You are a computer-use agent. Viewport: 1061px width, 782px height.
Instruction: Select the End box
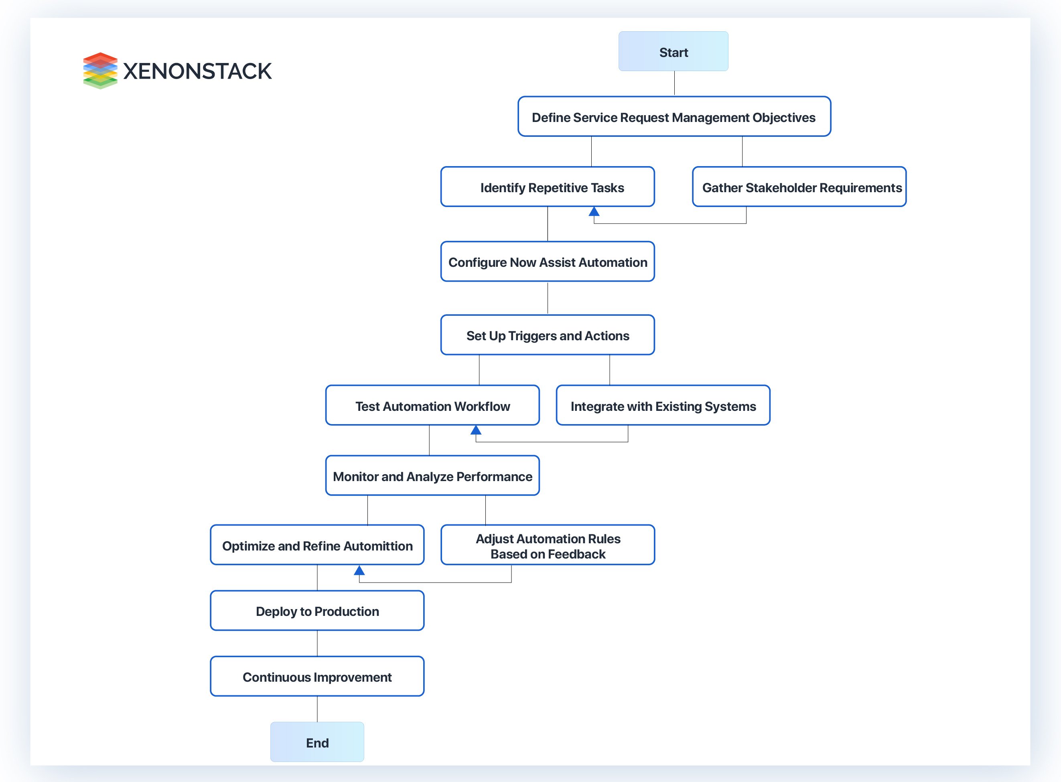tap(317, 742)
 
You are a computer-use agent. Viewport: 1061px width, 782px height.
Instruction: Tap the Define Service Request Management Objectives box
tap(674, 117)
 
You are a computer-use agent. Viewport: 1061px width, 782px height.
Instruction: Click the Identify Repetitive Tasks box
tap(548, 187)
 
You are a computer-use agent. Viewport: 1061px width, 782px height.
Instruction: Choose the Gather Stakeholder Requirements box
tap(799, 187)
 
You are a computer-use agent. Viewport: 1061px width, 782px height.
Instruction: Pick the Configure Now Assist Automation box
tap(548, 262)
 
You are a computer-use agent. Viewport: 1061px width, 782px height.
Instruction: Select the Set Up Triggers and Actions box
tap(548, 335)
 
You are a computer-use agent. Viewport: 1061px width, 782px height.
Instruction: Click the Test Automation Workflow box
tap(432, 406)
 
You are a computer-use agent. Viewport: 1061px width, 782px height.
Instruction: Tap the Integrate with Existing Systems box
tap(663, 406)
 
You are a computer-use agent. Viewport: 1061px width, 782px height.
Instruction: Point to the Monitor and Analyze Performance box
tap(432, 476)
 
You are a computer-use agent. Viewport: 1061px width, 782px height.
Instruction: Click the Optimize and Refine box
tap(317, 545)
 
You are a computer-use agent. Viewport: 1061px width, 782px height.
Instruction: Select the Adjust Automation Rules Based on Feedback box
tap(548, 545)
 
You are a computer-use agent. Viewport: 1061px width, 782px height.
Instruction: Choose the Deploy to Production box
tap(317, 611)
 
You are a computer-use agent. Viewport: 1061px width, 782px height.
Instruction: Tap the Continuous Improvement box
tap(317, 676)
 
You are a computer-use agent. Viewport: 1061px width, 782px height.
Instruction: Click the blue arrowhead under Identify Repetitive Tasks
tap(594, 211)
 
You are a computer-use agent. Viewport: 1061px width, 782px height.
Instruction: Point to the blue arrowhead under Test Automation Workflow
tap(476, 430)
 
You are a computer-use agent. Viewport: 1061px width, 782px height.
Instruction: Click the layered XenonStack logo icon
tap(100, 71)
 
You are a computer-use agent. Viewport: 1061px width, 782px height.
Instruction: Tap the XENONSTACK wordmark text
tap(197, 71)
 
